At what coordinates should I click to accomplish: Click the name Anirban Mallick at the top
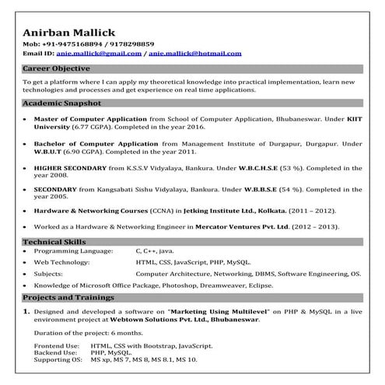[x=69, y=32]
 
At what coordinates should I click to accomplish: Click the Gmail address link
[x=99, y=54]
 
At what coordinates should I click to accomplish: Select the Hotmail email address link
[x=194, y=54]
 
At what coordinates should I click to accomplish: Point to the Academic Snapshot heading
[x=62, y=103]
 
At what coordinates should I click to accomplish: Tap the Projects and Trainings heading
[x=68, y=298]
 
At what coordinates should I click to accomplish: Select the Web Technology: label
[x=63, y=264]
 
